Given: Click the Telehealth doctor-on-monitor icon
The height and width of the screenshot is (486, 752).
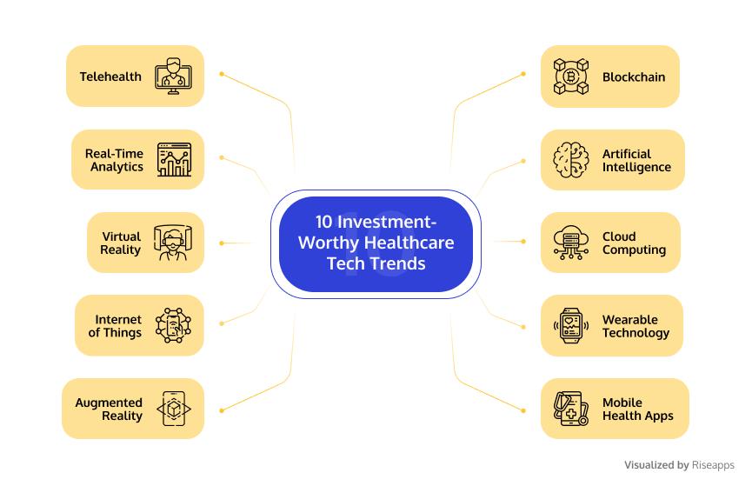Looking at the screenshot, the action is coord(174,77).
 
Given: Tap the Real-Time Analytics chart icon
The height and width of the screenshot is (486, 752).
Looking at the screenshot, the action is coord(174,160).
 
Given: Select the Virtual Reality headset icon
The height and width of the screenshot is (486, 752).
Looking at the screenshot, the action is coord(173,243).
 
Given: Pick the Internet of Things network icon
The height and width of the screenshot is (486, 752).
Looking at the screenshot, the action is coord(173,325).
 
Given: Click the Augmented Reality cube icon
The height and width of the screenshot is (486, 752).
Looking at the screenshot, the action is coord(174,409).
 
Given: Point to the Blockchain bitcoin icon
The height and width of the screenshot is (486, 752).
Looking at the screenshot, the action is coord(570,77).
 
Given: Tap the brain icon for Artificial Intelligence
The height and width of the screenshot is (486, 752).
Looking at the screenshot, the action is coord(570,160).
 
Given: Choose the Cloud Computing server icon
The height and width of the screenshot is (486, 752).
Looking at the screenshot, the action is coord(570,243).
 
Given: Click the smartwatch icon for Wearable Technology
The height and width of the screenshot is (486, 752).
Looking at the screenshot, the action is coord(570,326).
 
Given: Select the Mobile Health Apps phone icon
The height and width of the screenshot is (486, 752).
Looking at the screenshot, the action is coord(570,409).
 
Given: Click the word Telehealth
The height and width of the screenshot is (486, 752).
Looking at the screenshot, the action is coord(110,77).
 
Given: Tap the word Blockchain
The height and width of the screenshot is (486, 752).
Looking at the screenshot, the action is coord(634,77).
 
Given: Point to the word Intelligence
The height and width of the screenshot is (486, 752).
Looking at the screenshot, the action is coord(636,167).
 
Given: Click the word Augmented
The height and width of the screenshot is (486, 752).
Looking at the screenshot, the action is coord(109,403).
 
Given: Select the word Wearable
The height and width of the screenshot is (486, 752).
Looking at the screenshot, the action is coord(630,320).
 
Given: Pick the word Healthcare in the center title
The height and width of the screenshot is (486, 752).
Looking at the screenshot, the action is coord(409,243).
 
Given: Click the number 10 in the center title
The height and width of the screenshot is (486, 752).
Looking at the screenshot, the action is coord(323,222).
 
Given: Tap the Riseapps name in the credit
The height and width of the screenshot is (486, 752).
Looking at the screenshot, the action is coord(713,465).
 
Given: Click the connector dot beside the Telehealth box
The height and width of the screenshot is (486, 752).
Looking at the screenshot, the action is coord(222,74).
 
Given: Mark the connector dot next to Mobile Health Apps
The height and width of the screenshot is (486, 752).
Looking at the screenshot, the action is coord(523,410).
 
